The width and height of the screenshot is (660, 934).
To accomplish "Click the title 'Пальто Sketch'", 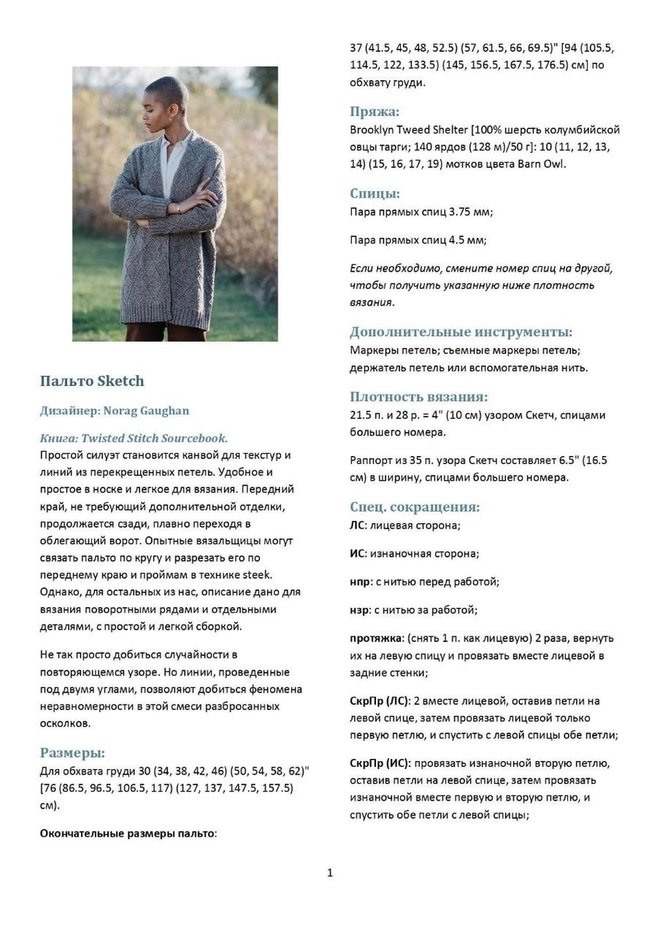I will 92,381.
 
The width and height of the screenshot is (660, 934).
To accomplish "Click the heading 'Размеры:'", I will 72,753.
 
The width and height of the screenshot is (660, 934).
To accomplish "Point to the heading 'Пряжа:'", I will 374,111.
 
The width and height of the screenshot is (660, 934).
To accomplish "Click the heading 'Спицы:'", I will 374,194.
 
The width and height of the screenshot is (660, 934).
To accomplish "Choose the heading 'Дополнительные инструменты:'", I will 461,332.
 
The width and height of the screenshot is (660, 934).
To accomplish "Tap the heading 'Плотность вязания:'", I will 419,397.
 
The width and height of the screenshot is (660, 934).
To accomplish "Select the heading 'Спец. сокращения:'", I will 414,507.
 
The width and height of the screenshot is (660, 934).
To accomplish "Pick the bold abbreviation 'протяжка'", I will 376,638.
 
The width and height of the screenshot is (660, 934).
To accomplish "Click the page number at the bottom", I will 330,873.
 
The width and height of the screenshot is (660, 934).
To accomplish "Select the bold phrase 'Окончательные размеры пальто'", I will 127,833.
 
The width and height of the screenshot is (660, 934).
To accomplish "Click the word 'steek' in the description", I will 258,574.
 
